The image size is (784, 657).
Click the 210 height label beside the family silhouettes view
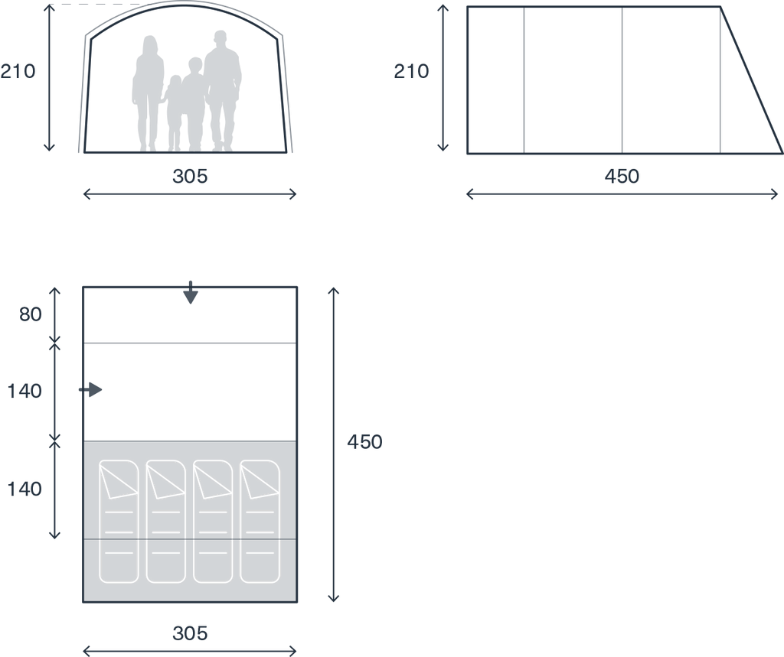pos(18,71)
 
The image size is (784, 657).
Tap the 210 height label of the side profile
pos(411,71)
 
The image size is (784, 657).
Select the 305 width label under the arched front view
pos(190,176)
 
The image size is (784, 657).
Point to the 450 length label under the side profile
pos(622,176)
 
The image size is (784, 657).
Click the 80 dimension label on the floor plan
pos(31,314)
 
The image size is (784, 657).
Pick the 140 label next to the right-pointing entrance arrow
pos(24,391)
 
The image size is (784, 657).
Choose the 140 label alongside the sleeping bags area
pos(24,489)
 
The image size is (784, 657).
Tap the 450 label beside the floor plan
pos(364,441)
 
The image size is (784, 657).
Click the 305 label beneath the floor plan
pos(190,633)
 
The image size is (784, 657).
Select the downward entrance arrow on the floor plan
pos(191,293)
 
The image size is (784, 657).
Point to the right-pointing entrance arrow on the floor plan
pos(90,390)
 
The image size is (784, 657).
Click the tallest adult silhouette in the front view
pos(223,90)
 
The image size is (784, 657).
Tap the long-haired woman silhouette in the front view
pos(148,93)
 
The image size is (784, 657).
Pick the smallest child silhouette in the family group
pos(174,113)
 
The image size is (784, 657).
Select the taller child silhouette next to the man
pos(194,105)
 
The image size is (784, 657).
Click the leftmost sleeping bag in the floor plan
pos(119,521)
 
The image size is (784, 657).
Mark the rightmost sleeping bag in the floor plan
pos(260,521)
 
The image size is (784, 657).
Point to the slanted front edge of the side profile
pos(752,80)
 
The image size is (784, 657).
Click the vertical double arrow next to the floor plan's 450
pos(334,444)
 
